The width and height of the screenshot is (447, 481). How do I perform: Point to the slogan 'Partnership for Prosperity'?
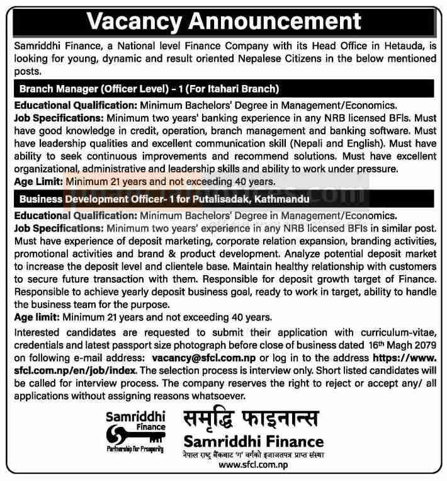(135, 450)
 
